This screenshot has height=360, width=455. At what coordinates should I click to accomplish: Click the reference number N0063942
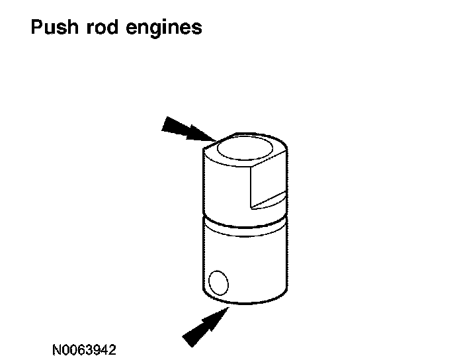(89, 348)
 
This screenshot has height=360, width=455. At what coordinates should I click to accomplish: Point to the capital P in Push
(38, 27)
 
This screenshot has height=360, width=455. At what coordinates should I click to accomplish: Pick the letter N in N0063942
(60, 348)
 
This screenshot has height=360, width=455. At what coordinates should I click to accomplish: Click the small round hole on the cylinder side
(218, 283)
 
